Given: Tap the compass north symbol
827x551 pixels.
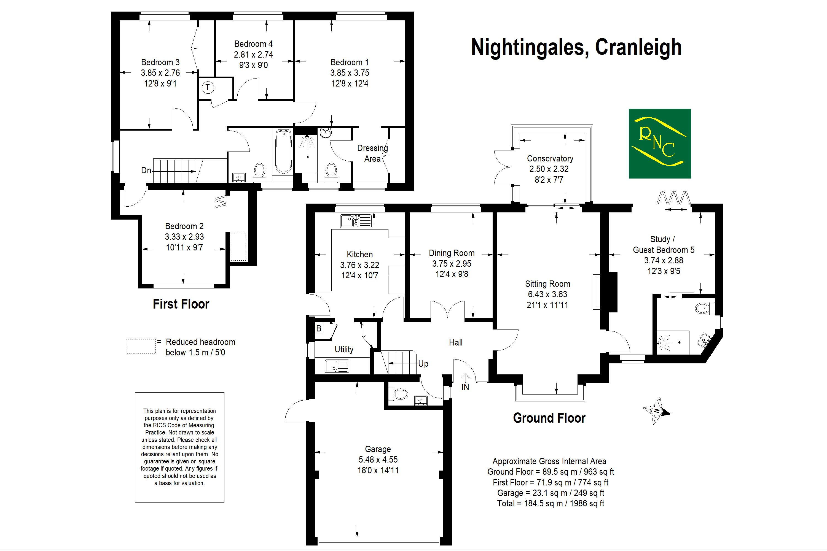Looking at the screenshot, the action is [x=656, y=411].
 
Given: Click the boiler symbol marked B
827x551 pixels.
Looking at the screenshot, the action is [x=319, y=329].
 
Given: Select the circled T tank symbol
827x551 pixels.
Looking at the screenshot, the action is [x=208, y=88].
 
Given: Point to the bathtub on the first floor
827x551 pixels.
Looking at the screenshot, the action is [x=283, y=152].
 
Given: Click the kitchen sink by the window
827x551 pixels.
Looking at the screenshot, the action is [x=356, y=221].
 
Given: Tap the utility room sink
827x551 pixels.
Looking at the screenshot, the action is [x=337, y=366].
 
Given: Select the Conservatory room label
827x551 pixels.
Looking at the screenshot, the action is [x=550, y=158].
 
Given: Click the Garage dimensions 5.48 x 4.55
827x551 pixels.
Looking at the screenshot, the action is [x=378, y=460].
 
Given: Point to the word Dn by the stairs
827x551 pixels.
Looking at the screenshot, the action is [x=146, y=171].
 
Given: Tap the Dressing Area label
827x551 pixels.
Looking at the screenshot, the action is [x=372, y=153].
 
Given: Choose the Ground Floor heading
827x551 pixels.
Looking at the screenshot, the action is [x=549, y=418].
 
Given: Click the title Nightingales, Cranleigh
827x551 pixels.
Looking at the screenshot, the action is [x=576, y=47].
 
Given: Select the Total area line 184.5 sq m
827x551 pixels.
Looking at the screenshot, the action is [x=551, y=504].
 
